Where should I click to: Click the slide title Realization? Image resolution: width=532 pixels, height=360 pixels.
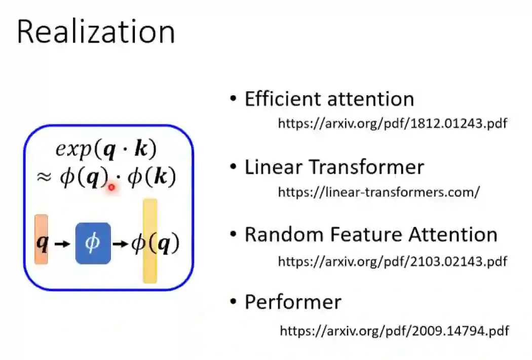(96, 32)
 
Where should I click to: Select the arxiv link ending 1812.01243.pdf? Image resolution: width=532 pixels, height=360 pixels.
(392, 124)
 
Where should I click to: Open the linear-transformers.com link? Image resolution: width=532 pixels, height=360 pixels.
(378, 192)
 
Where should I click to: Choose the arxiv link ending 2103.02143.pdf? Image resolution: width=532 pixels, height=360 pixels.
(392, 261)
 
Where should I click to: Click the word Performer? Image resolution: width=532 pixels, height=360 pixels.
(293, 302)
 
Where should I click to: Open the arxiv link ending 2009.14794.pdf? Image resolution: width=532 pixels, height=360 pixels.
(394, 331)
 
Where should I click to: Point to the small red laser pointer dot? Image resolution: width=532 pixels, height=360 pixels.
(111, 187)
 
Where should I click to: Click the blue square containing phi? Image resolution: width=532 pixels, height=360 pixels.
(93, 244)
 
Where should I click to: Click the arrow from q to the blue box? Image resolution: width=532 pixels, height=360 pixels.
(61, 244)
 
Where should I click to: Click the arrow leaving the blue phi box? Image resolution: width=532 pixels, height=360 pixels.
(120, 244)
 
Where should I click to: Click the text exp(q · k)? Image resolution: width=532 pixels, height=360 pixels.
(106, 149)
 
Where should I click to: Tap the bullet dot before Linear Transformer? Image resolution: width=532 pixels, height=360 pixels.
(233, 167)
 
